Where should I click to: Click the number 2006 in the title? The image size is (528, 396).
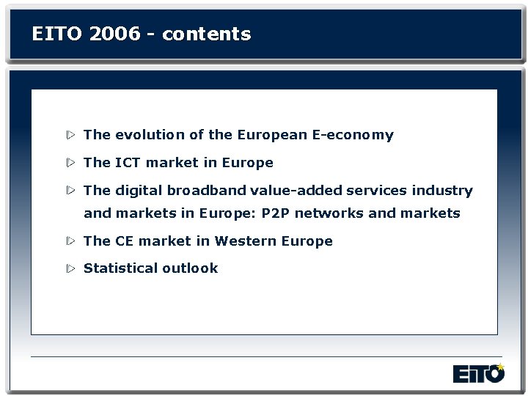pos(119,34)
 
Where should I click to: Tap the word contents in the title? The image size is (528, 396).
pos(207,34)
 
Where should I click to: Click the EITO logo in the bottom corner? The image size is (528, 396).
pos(479,373)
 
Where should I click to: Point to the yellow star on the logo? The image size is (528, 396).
pos(501,366)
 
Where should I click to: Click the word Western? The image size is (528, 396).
pos(240,241)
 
